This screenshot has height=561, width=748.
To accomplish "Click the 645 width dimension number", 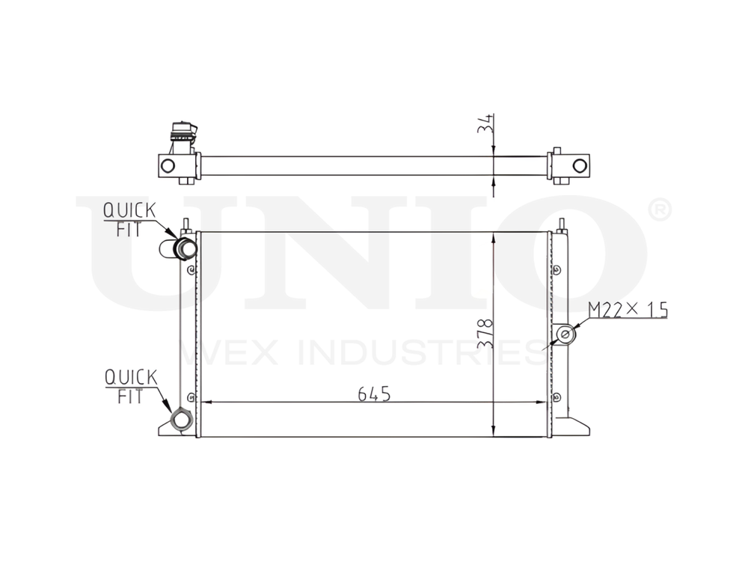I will point(374,393).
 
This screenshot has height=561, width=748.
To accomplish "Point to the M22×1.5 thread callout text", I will point(627,309).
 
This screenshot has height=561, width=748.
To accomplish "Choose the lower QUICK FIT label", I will point(131,385).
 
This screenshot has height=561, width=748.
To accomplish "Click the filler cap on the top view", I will point(182,133).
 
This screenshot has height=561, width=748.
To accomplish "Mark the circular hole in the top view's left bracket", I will point(168,165).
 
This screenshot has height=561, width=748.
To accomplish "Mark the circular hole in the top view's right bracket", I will point(579,165).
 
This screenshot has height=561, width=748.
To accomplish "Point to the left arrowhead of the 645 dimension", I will point(207,402).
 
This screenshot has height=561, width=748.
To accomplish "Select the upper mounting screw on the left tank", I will point(191,271).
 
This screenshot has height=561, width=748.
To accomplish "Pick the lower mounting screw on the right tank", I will point(557,396).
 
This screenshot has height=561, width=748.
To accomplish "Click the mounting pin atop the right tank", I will point(562,224).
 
